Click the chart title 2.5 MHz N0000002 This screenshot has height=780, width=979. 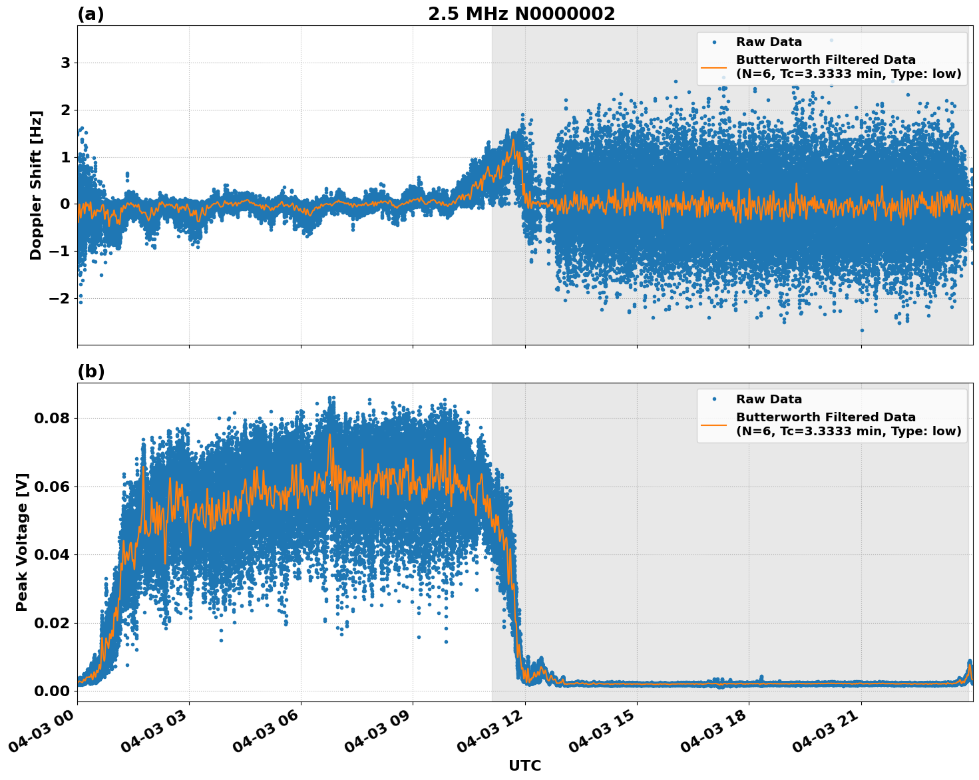(521, 14)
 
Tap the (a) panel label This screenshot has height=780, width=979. (91, 14)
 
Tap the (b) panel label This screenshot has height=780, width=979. (91, 371)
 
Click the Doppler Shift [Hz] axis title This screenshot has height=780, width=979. (36, 185)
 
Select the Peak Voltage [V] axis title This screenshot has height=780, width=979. (22, 542)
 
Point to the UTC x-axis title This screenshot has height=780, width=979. (524, 765)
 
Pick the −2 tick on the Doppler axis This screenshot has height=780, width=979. (60, 298)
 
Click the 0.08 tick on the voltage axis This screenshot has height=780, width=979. (52, 419)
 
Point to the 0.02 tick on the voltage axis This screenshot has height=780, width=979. (52, 624)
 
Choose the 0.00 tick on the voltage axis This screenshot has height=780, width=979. (52, 691)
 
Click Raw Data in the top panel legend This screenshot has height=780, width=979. (769, 42)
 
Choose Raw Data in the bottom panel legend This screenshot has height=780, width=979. (769, 399)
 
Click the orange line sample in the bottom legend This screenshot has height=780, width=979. (714, 424)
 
